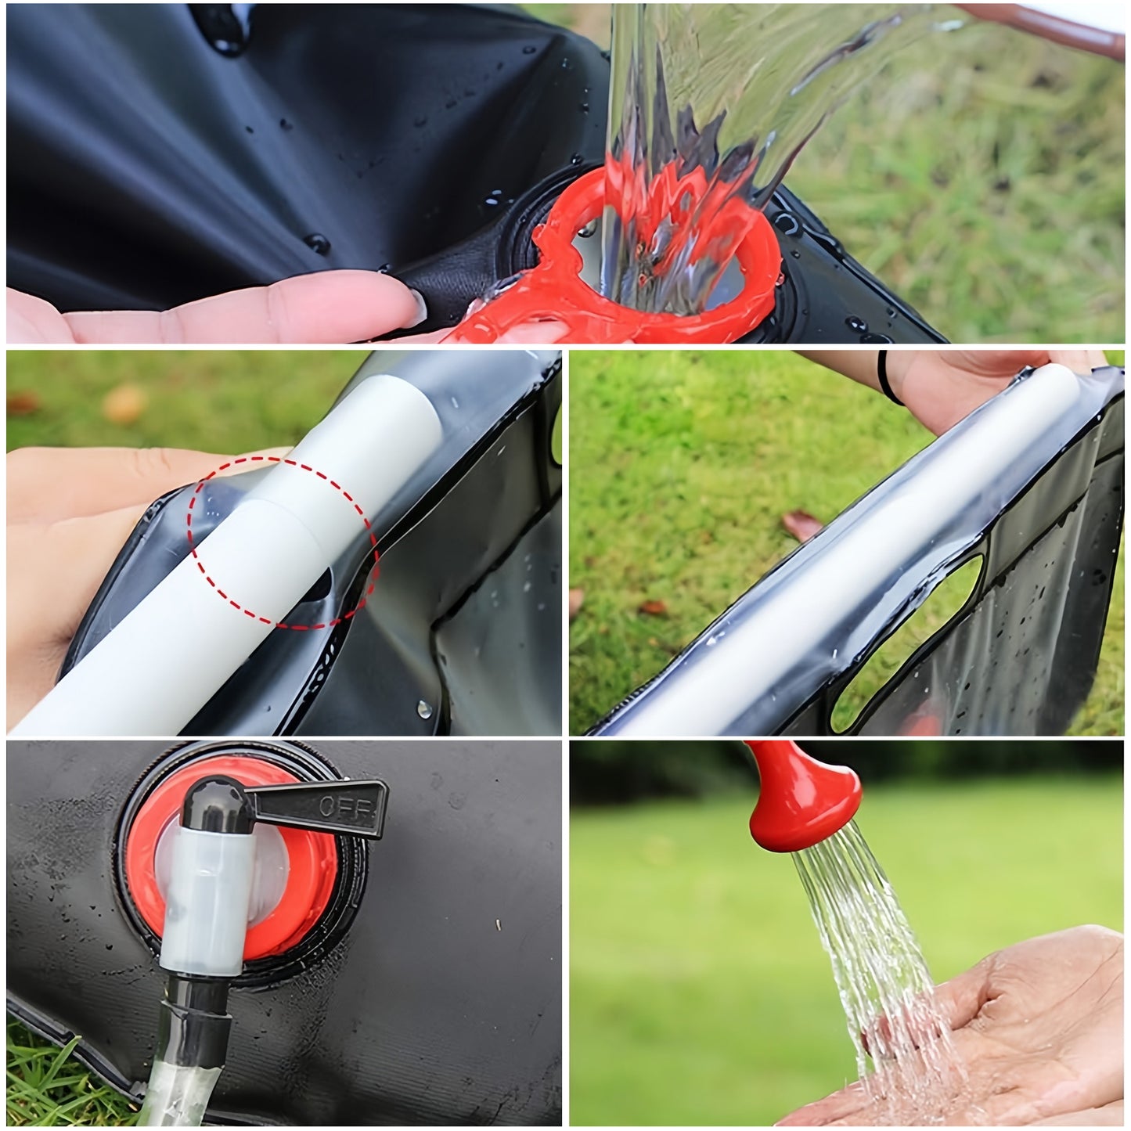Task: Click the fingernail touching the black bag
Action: click(419, 307)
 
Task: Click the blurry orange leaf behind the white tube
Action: click(123, 404)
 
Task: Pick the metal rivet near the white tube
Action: click(423, 709)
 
